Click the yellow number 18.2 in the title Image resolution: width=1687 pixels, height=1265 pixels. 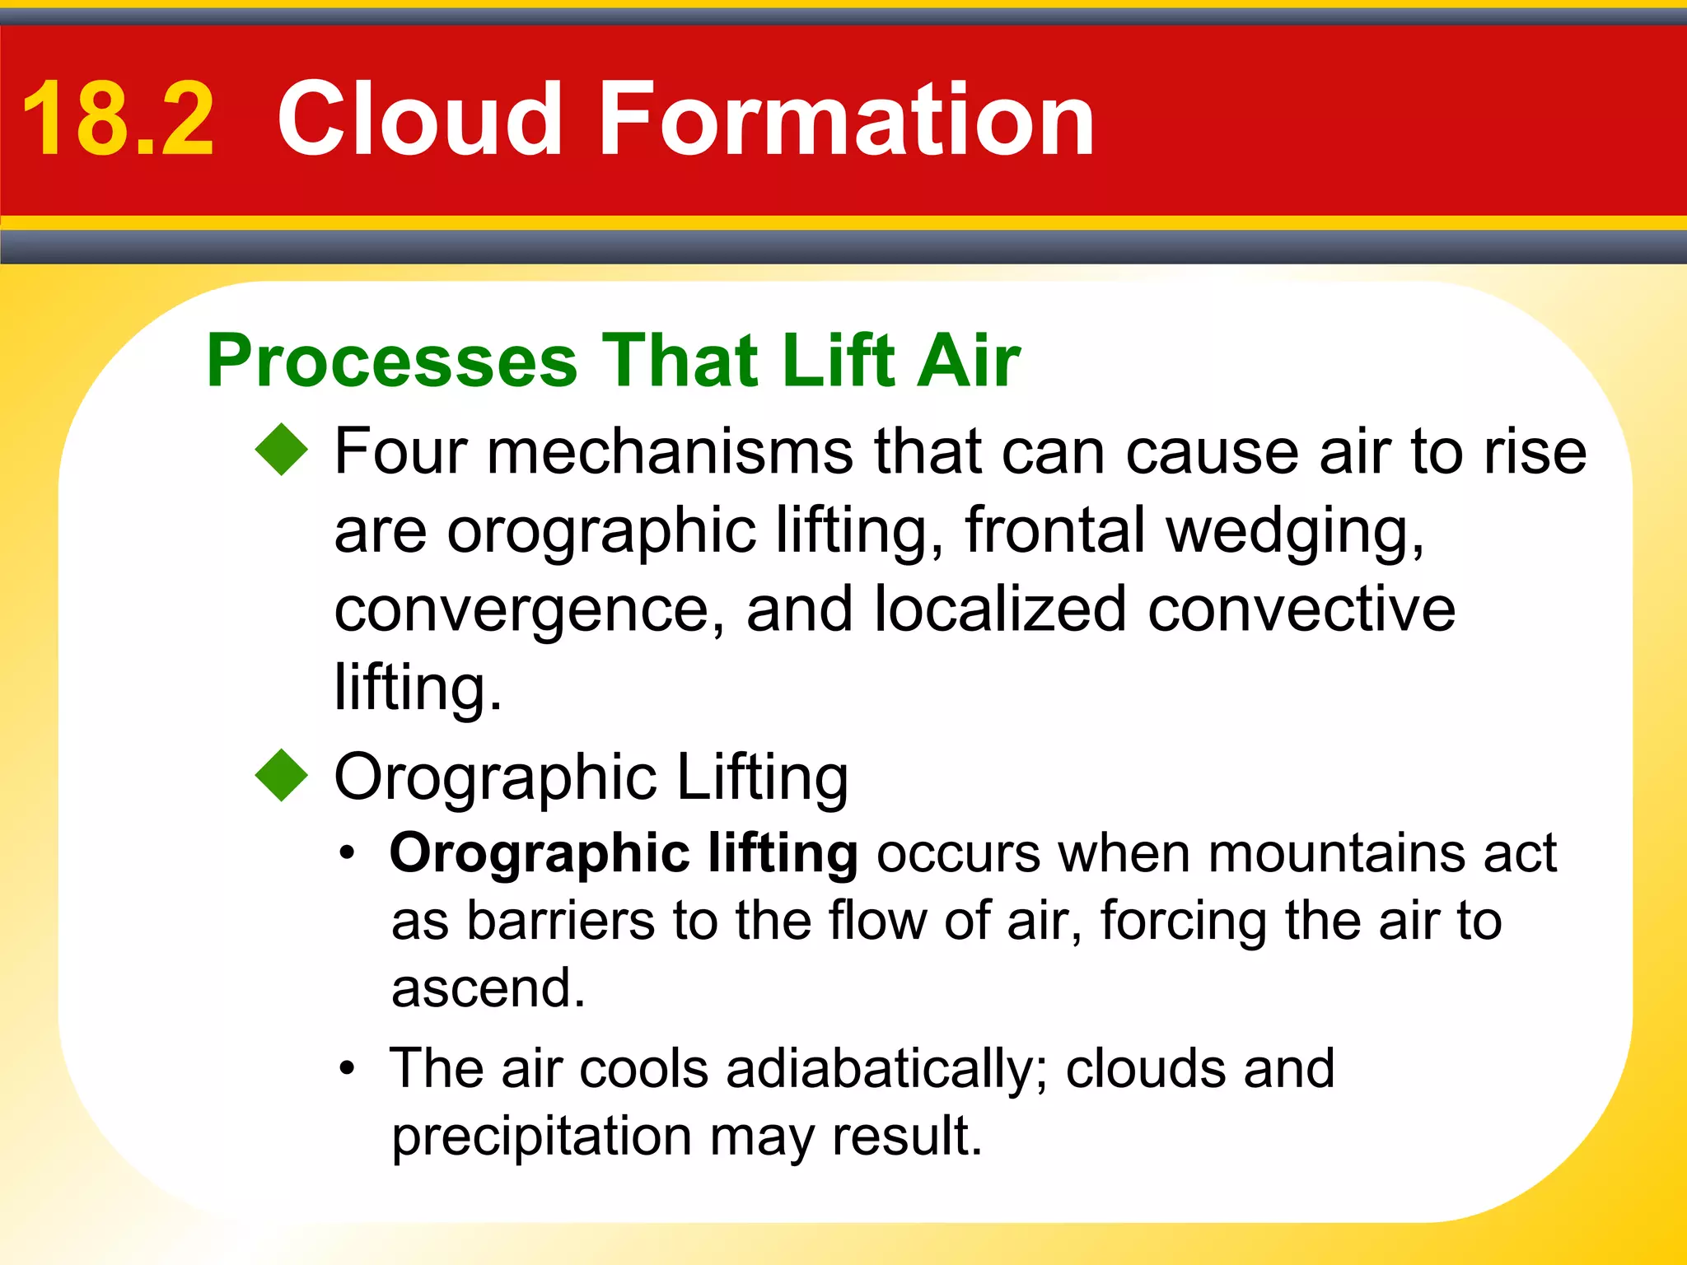119,119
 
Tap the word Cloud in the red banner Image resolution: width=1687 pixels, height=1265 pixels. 420,119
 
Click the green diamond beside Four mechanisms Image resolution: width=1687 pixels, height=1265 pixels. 282,449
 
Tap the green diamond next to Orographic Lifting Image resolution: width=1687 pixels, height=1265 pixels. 282,775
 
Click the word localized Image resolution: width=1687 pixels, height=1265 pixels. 999,609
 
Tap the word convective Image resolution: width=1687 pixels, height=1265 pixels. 1301,609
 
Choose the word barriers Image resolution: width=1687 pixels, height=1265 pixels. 560,920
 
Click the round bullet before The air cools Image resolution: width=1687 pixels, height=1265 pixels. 348,1069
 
